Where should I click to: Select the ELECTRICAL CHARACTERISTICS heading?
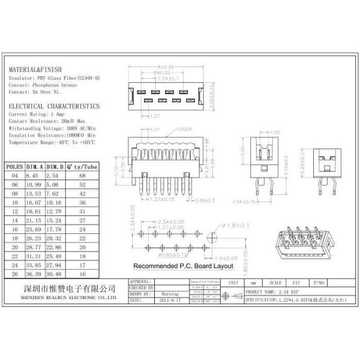tap(54, 106)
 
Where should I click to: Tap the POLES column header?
tap(14, 166)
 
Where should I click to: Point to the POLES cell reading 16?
tap(14, 229)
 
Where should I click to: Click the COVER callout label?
tap(184, 130)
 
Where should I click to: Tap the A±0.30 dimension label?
tap(164, 67)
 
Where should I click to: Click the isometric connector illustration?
tap(301, 245)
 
